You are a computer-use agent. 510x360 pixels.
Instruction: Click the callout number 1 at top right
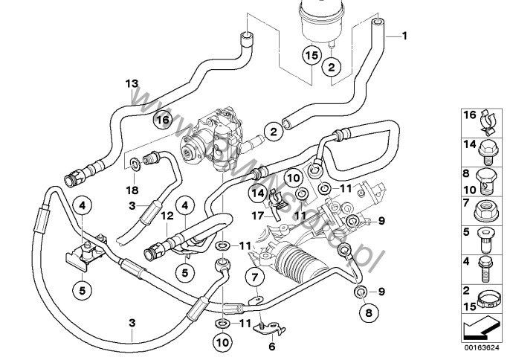point(405,36)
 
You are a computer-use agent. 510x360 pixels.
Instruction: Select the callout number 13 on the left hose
point(132,83)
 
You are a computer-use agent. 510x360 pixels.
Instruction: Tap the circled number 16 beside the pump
point(162,118)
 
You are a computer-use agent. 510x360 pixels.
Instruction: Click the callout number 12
point(168,215)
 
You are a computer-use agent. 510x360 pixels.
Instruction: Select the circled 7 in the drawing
point(255,279)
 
